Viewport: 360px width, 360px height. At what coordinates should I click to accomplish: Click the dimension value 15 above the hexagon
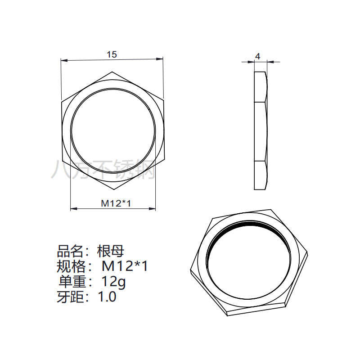click(112, 54)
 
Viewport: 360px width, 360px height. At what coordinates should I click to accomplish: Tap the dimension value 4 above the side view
click(258, 57)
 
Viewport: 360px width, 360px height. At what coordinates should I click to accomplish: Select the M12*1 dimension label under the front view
click(116, 203)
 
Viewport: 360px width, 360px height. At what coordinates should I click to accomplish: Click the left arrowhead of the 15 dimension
click(64, 60)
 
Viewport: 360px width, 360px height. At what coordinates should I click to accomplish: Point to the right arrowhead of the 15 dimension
click(160, 59)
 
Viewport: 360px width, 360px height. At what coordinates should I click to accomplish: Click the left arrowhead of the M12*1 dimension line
click(74, 208)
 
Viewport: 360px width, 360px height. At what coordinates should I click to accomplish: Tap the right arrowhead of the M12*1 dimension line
click(152, 208)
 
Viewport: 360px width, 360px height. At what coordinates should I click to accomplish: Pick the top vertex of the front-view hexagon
click(112, 72)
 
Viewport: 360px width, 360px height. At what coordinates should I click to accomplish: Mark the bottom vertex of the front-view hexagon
click(114, 189)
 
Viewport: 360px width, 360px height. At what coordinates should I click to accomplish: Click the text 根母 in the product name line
click(111, 251)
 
